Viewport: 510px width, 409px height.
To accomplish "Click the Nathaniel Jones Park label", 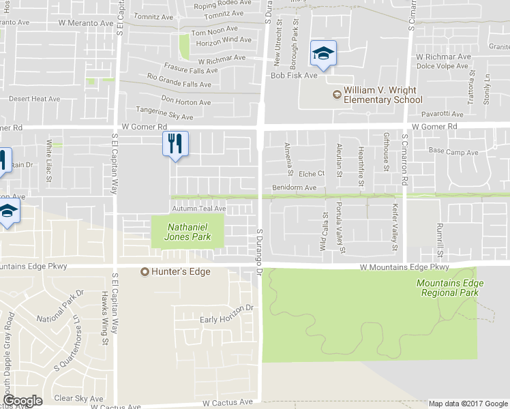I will (x=187, y=232).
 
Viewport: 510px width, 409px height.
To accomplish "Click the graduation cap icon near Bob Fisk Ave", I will (x=323, y=55).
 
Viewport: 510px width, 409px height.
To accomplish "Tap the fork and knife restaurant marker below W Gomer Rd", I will (x=175, y=144).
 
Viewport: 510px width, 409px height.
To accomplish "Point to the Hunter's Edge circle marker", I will (x=145, y=272).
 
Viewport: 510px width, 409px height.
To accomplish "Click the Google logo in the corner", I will (x=22, y=401).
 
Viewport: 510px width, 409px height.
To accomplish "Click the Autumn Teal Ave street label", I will (x=199, y=209).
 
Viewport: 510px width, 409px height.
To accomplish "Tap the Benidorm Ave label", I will (x=295, y=187).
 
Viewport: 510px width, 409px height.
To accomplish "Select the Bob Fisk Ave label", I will (x=295, y=75).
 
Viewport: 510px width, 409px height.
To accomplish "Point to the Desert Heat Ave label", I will (x=35, y=99).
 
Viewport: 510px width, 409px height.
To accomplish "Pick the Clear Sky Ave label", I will (x=78, y=398).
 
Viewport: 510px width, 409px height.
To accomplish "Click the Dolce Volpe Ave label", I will (x=442, y=67).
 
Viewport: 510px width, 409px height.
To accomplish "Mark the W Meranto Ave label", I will (x=86, y=23).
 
